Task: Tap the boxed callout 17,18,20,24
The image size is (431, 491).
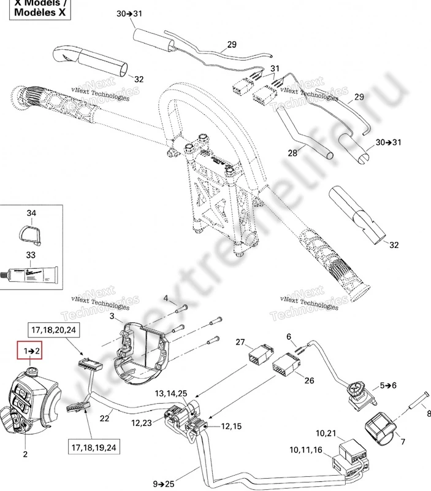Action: coord(53,330)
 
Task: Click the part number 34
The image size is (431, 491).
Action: coord(31,213)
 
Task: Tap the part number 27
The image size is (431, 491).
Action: coord(240,342)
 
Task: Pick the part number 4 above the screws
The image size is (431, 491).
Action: coord(166,298)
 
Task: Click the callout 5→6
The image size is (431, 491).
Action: coord(389,385)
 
